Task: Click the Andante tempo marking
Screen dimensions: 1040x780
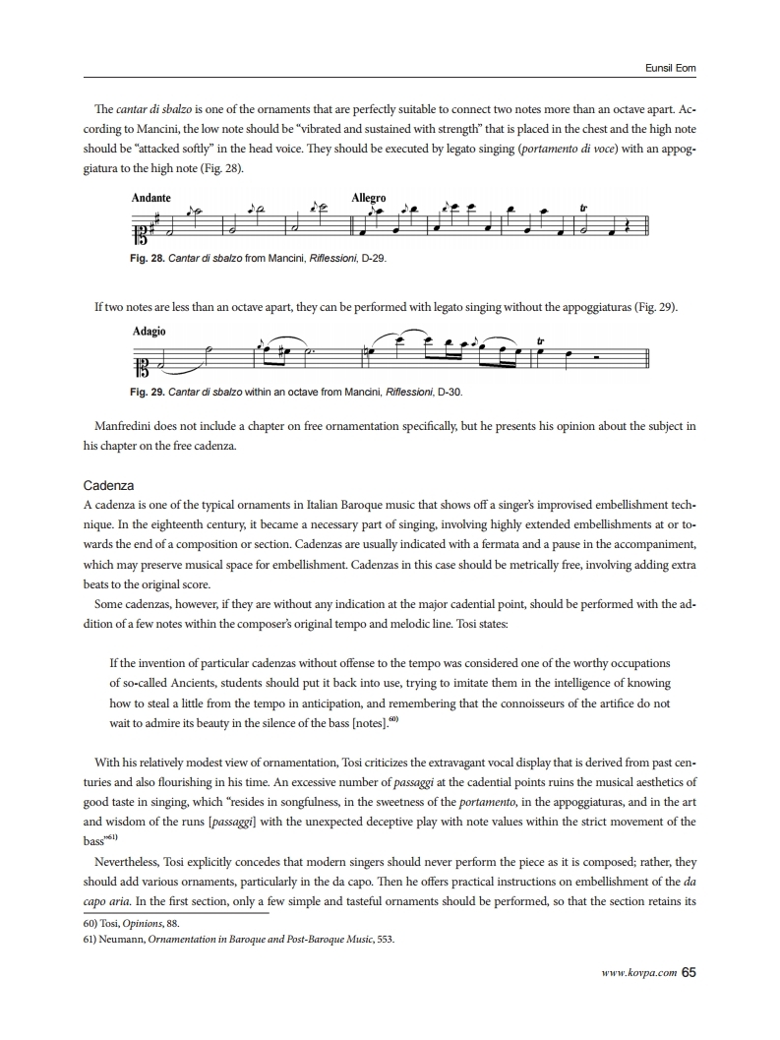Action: coord(150,198)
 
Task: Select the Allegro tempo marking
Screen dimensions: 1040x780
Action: coord(369,198)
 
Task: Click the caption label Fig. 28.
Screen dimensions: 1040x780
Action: coord(148,258)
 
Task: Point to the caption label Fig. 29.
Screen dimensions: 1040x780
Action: coord(148,392)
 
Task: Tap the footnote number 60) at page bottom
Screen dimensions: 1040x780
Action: coord(92,924)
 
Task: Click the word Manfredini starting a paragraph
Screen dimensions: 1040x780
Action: coord(125,427)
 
